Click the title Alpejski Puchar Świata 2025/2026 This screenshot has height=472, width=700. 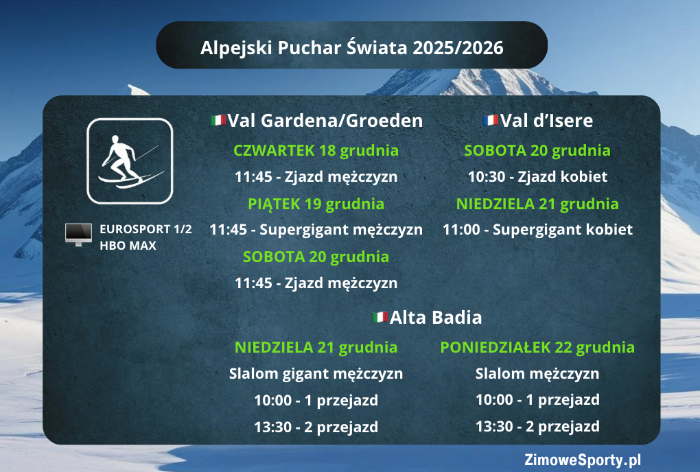pyautogui.click(x=351, y=48)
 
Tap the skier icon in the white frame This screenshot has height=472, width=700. pyautogui.click(x=130, y=161)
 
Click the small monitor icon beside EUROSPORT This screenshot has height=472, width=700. pyautogui.click(x=78, y=234)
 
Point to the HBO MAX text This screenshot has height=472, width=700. pyautogui.click(x=128, y=245)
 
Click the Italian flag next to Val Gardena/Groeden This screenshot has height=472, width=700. pyautogui.click(x=218, y=121)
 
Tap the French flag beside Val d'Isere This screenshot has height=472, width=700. pyautogui.click(x=490, y=121)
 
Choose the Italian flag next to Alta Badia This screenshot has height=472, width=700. pyautogui.click(x=380, y=318)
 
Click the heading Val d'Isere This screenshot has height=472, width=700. pyautogui.click(x=546, y=121)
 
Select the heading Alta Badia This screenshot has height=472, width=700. pyautogui.click(x=436, y=318)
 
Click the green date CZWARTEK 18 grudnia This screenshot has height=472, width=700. pyautogui.click(x=316, y=150)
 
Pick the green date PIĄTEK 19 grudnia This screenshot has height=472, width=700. pyautogui.click(x=316, y=204)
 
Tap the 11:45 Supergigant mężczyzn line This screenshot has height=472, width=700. pyautogui.click(x=316, y=230)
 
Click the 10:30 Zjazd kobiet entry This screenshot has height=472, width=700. pyautogui.click(x=537, y=176)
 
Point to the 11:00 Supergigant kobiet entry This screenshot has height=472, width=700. pyautogui.click(x=537, y=230)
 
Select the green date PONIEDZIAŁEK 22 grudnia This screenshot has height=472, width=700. pyautogui.click(x=537, y=347)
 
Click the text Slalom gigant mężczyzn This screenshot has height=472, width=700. pyautogui.click(x=316, y=374)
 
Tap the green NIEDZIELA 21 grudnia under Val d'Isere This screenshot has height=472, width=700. pyautogui.click(x=537, y=204)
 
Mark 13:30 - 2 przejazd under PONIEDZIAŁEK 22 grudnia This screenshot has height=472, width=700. pyautogui.click(x=537, y=426)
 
